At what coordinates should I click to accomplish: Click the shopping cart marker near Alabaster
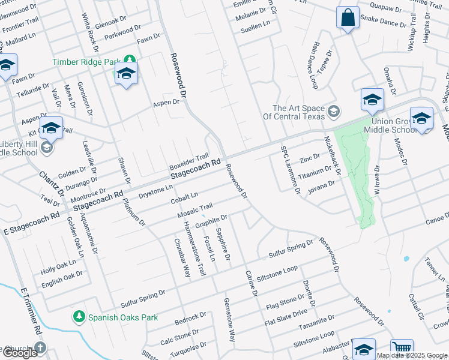pyautogui.click(x=402, y=349)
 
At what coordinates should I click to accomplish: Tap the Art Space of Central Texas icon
pyautogui.click(x=333, y=112)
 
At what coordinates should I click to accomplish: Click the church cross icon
pyautogui.click(x=40, y=347)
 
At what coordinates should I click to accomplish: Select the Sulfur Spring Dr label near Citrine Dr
pyautogui.click(x=291, y=248)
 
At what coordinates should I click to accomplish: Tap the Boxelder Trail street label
pyautogui.click(x=188, y=160)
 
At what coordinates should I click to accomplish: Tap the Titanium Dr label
pyautogui.click(x=315, y=173)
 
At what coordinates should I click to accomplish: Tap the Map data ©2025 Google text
pyautogui.click(x=412, y=355)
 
